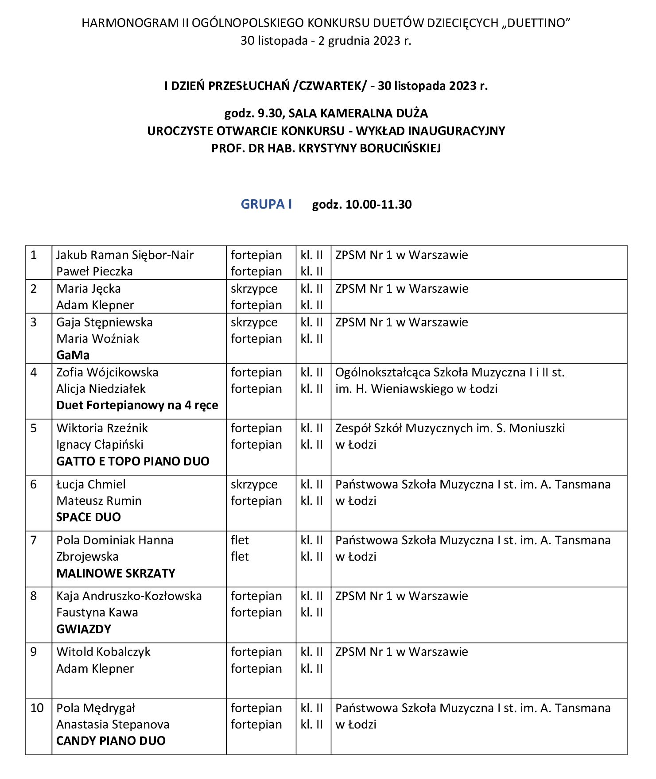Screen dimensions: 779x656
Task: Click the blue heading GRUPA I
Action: point(266,204)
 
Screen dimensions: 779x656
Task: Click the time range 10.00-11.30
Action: point(378,205)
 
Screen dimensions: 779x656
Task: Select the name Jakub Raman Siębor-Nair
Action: point(125,255)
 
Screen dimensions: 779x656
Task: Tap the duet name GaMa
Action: point(73,355)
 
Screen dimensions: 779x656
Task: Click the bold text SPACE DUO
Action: point(88,517)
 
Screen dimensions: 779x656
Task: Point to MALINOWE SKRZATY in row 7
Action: point(116,574)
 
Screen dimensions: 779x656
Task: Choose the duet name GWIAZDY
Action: point(83,629)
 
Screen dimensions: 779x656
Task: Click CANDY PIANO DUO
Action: point(111,741)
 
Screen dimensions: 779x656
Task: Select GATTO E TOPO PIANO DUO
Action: point(132,461)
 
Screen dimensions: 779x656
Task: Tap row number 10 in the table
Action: point(37,708)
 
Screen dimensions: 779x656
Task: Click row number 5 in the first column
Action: point(34,428)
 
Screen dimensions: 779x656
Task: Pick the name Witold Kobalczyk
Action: point(103,652)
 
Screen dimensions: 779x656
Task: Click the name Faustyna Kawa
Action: point(97,612)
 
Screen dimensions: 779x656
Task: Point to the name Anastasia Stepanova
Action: point(113,725)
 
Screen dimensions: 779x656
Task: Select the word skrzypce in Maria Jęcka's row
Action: point(254,289)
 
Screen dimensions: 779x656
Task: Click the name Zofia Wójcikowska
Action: point(107,372)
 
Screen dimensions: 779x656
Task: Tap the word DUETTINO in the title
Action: point(536,23)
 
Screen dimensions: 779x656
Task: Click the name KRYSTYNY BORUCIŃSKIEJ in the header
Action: point(369,148)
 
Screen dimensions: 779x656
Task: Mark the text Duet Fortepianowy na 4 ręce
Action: point(137,405)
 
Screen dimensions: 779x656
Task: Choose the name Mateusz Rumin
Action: point(99,501)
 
